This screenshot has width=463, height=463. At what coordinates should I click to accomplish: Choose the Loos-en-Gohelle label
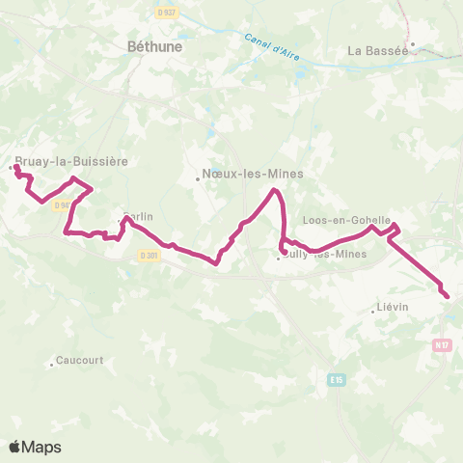click(346, 220)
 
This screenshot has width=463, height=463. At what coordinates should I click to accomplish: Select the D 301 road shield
click(148, 255)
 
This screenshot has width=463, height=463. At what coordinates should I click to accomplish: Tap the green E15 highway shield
click(336, 380)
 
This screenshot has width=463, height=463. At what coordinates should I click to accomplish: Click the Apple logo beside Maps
click(15, 447)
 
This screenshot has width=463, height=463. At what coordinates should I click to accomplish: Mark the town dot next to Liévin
click(373, 311)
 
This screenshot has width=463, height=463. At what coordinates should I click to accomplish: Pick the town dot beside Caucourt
click(51, 364)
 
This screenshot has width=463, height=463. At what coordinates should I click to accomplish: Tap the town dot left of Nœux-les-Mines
click(198, 177)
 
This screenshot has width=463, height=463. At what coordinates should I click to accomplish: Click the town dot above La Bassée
click(413, 42)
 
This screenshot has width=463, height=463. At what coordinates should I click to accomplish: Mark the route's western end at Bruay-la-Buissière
click(16, 167)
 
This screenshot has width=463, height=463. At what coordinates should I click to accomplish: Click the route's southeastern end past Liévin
click(447, 295)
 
